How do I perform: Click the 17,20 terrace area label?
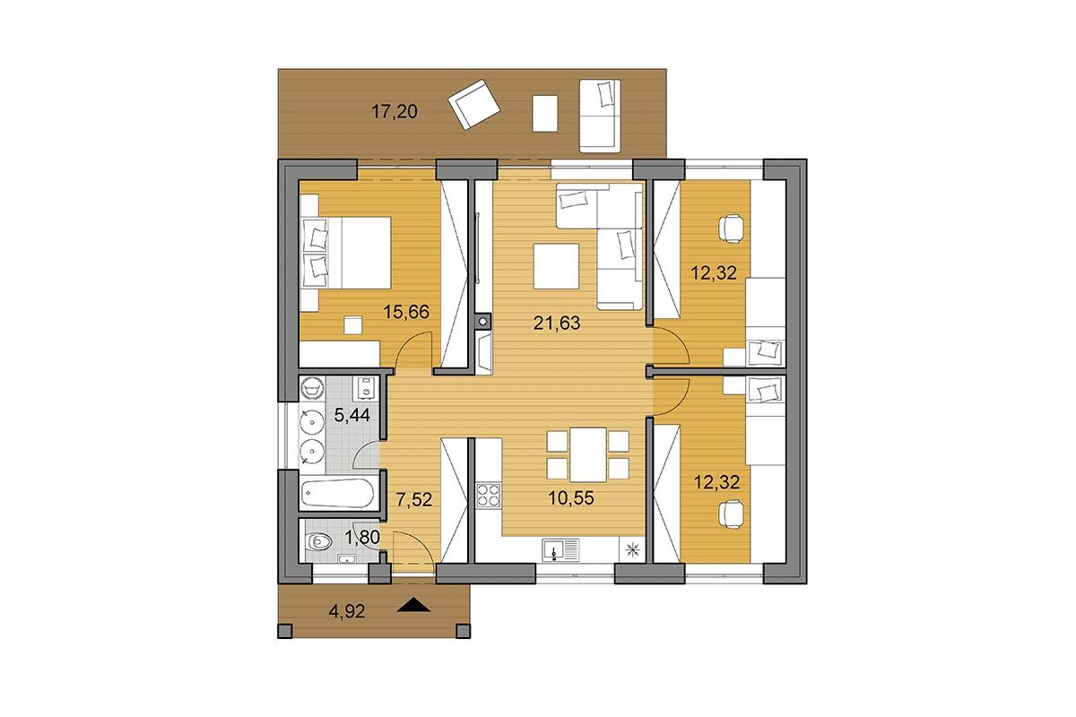pos(395,112)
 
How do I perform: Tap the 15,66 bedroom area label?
pos(406,312)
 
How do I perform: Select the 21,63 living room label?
pos(557,324)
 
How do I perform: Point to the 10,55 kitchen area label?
pos(570,498)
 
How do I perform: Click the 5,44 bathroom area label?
pos(352,414)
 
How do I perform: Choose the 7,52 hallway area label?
pos(413,499)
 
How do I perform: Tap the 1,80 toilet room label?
pos(362,537)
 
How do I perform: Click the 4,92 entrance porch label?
pos(347,611)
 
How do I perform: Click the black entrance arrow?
pos(413,606)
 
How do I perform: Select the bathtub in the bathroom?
pos(337,492)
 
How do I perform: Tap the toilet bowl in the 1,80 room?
pos(319,541)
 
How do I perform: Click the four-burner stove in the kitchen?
pos(489,496)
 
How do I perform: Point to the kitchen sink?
pos(560,550)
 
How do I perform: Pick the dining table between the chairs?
pos(588,454)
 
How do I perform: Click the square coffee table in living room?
pos(556,266)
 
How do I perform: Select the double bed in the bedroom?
pos(346,253)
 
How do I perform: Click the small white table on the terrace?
pos(545,113)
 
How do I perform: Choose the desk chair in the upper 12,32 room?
pos(732,229)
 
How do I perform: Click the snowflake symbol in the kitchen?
pos(633,549)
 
